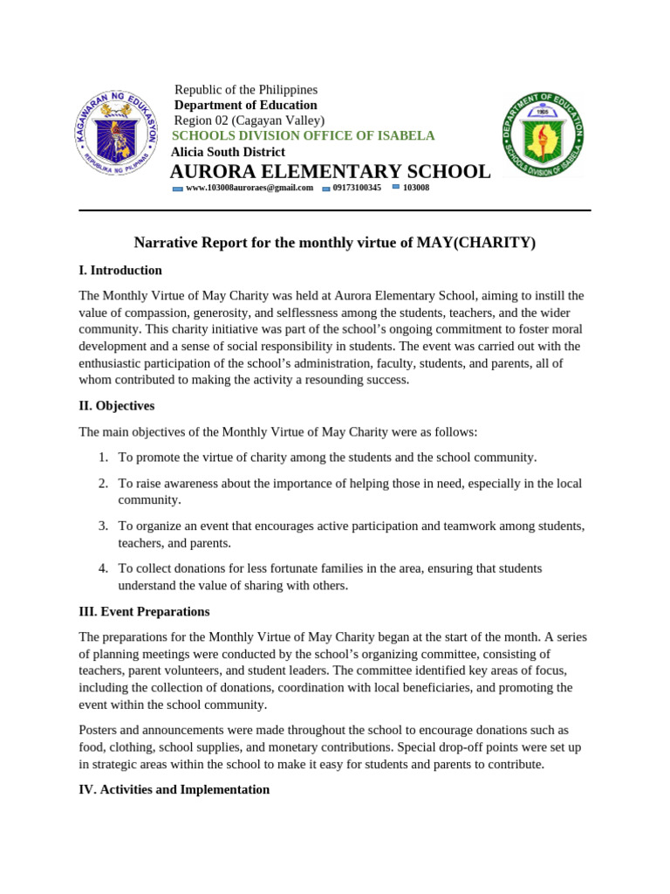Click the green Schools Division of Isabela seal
point(543,134)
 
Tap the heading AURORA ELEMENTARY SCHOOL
point(330,172)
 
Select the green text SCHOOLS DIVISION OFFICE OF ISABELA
point(303,136)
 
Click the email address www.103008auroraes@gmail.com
point(249,188)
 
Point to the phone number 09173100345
point(356,188)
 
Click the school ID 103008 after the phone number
point(415,188)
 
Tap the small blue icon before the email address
point(178,189)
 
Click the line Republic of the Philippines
point(246,90)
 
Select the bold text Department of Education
point(246,106)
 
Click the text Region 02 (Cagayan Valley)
point(250,120)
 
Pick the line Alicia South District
point(228,152)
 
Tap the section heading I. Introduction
point(120,271)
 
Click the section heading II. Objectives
point(117,406)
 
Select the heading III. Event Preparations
point(144,612)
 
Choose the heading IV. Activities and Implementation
point(174,789)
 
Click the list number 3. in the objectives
point(103,526)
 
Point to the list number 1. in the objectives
point(103,457)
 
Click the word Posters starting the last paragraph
point(99,730)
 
